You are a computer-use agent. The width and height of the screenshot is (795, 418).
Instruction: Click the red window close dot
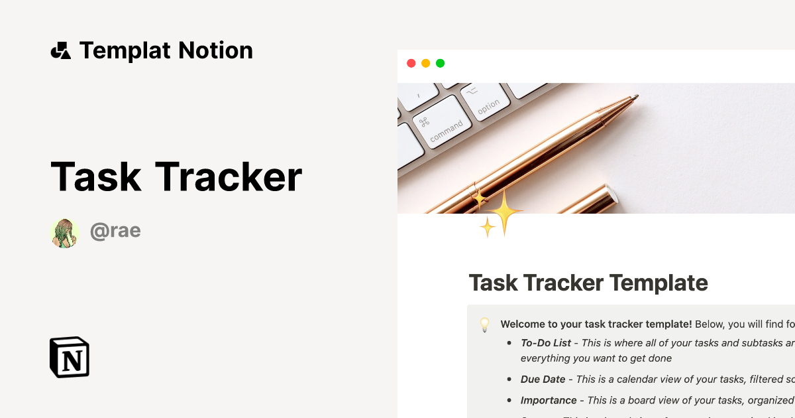click(411, 64)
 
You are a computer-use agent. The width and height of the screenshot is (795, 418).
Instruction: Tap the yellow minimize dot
click(425, 64)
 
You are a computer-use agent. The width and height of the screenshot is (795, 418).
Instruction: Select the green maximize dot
click(440, 64)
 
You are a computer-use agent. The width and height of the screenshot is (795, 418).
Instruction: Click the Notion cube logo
click(70, 357)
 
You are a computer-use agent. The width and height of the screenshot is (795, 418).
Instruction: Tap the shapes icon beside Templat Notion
click(60, 50)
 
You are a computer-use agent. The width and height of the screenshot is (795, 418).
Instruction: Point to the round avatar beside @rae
click(64, 233)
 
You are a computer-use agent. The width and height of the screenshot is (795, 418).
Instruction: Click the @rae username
click(115, 231)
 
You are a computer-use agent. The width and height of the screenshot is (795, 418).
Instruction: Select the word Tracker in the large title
click(229, 177)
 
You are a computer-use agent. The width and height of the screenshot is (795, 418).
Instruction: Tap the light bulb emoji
click(484, 324)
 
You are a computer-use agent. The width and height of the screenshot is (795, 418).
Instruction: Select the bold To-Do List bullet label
click(546, 343)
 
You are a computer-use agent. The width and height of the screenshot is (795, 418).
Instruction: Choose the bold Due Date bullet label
click(543, 379)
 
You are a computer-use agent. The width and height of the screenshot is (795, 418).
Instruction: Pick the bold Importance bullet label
click(549, 400)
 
